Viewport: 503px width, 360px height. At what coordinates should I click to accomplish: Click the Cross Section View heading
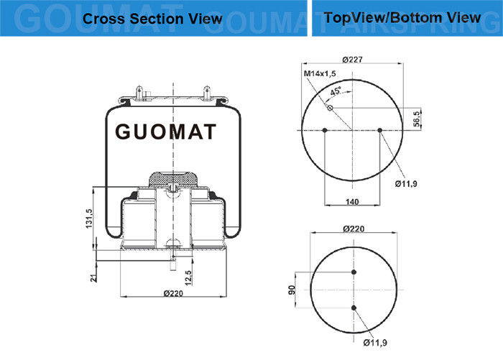pos(152,19)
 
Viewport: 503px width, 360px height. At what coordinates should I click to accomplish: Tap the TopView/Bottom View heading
pos(402,18)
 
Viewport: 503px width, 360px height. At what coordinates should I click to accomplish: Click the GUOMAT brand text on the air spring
pos(165,131)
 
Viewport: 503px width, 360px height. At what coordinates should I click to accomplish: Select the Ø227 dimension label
pos(352,60)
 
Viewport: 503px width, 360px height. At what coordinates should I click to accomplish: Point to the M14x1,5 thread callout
pos(320,73)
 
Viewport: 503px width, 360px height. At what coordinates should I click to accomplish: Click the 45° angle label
pos(336,91)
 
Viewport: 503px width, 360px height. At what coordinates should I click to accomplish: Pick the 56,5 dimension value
pos(416,119)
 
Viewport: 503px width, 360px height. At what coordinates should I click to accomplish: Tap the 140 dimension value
pos(352,202)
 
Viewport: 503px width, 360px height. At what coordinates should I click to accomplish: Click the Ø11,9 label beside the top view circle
pos(406,184)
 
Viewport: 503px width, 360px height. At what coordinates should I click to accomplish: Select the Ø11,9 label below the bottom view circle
pos(375,343)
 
